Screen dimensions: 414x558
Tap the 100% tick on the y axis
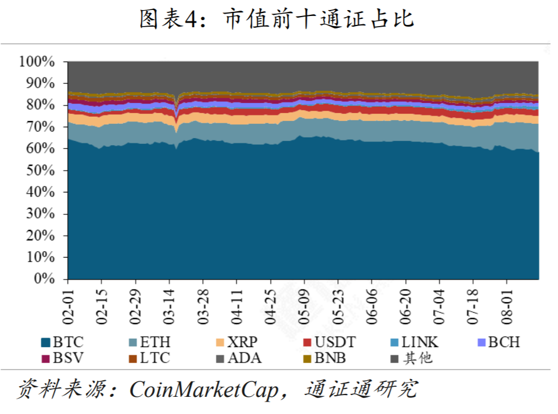38,62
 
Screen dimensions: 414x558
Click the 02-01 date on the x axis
69,303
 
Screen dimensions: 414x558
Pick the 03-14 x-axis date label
170,303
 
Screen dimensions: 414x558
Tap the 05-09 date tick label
305,303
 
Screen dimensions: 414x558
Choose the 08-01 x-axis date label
507,303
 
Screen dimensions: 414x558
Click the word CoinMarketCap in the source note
202,389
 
